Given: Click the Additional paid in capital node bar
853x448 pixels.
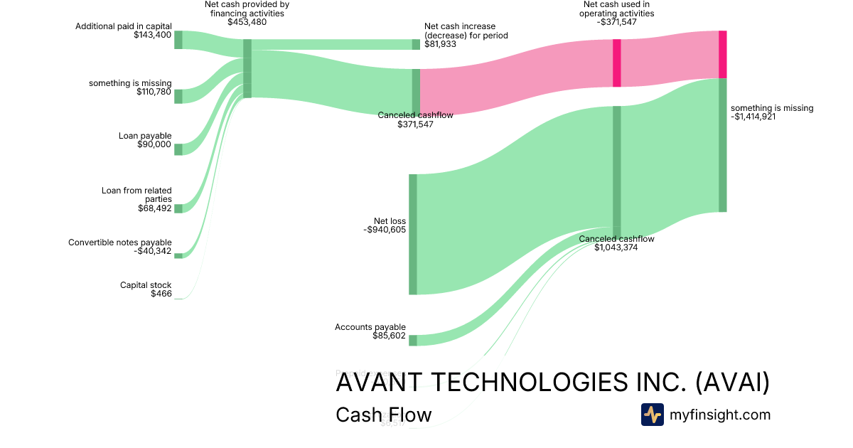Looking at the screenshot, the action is pyautogui.click(x=178, y=40).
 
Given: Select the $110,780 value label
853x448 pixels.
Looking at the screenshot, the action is pyautogui.click(x=154, y=92).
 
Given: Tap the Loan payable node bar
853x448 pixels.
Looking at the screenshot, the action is pyautogui.click(x=178, y=149).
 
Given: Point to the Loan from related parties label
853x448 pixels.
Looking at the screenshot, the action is pyautogui.click(x=136, y=195).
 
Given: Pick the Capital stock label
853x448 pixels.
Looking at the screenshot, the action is pyautogui.click(x=146, y=285).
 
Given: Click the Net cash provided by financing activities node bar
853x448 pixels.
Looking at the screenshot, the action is pyautogui.click(x=247, y=68).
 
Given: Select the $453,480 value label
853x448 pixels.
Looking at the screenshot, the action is pyautogui.click(x=247, y=22).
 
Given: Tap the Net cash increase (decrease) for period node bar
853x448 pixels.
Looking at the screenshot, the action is pyautogui.click(x=416, y=44).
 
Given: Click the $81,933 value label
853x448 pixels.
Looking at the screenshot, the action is pyautogui.click(x=440, y=44).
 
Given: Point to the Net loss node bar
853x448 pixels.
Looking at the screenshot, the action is pyautogui.click(x=412, y=234).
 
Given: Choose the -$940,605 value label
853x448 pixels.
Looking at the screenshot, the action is pyautogui.click(x=384, y=230).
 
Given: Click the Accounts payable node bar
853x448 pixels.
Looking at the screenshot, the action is pyautogui.click(x=412, y=340).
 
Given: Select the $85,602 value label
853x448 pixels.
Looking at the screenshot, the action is pyautogui.click(x=389, y=336).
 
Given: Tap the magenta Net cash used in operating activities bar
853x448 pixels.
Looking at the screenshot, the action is pyautogui.click(x=617, y=63).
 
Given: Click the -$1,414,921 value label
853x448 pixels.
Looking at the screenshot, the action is pyautogui.click(x=753, y=117).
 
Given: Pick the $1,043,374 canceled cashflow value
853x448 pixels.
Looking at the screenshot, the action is pyautogui.click(x=616, y=247).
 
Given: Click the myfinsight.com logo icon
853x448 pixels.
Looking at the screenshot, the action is pyautogui.click(x=652, y=415).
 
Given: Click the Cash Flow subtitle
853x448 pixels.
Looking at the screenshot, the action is pyautogui.click(x=383, y=415).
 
